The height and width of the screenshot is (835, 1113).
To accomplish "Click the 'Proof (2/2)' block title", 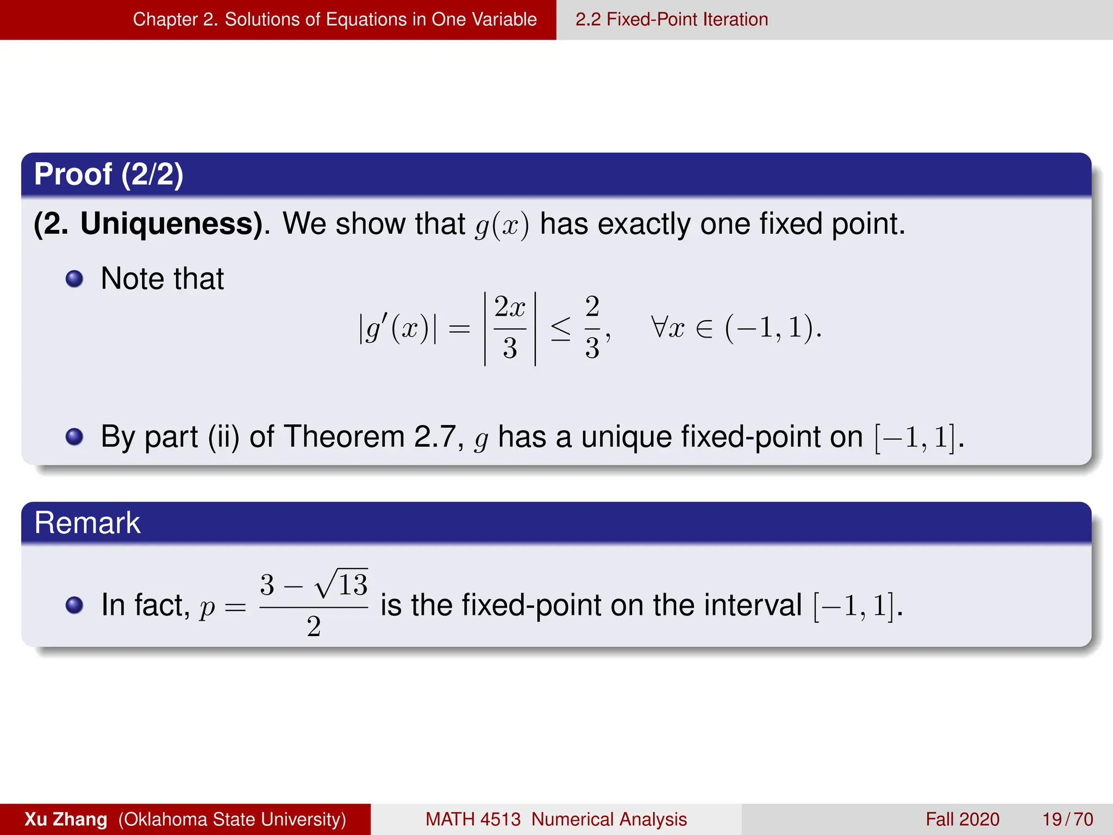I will (109, 175).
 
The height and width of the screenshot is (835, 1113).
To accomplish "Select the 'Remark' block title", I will (87, 523).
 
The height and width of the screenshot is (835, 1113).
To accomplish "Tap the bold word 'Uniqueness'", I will (171, 223).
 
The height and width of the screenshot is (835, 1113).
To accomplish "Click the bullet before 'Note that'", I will (74, 279).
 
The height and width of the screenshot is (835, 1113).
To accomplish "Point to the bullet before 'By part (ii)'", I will (74, 437).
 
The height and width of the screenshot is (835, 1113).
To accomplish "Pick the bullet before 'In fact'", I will (74, 605).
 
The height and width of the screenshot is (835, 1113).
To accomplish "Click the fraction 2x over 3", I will (510, 328).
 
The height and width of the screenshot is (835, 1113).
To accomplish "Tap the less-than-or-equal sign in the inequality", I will (560, 329).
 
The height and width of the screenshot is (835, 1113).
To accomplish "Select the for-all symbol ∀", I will (659, 327).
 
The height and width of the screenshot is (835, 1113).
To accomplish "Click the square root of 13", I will (342, 584).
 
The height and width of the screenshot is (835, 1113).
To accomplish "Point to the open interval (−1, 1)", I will (772, 328).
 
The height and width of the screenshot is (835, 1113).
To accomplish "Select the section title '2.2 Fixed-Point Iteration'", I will (672, 20).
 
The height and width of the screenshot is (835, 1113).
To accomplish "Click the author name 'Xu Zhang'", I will (66, 819).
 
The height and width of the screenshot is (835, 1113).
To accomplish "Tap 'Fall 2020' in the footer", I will (962, 819).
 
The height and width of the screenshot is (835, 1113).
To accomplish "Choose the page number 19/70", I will (1067, 819).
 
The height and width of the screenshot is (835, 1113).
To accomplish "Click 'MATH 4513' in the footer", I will (473, 819).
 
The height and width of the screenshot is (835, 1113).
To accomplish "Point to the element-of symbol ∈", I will (704, 329).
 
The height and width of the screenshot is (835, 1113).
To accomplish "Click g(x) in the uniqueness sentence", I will (502, 225).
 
